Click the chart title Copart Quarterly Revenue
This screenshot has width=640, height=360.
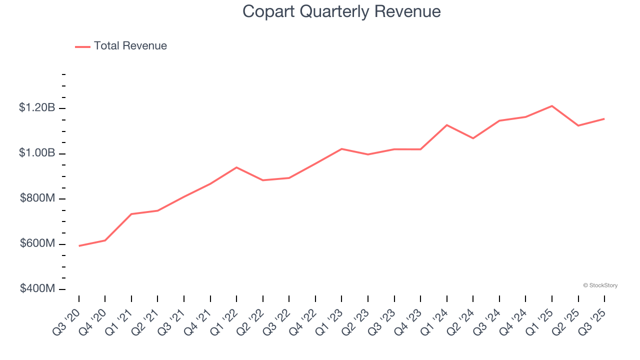341,11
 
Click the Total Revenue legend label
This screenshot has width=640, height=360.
130,46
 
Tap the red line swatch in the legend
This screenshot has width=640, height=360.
82,46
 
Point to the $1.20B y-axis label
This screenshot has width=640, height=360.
37,108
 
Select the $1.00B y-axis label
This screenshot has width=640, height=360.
37,153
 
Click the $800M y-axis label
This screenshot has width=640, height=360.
37,198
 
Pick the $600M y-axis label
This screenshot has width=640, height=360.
37,243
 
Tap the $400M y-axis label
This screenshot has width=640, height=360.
37,289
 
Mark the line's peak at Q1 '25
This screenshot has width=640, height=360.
552,106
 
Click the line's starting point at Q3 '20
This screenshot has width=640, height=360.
79,246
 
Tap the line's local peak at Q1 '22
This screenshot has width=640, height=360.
236,167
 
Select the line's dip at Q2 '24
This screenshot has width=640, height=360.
473,138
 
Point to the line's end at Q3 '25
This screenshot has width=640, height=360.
604,118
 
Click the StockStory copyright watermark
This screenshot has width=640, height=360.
600,285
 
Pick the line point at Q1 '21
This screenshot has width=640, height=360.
131,214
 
